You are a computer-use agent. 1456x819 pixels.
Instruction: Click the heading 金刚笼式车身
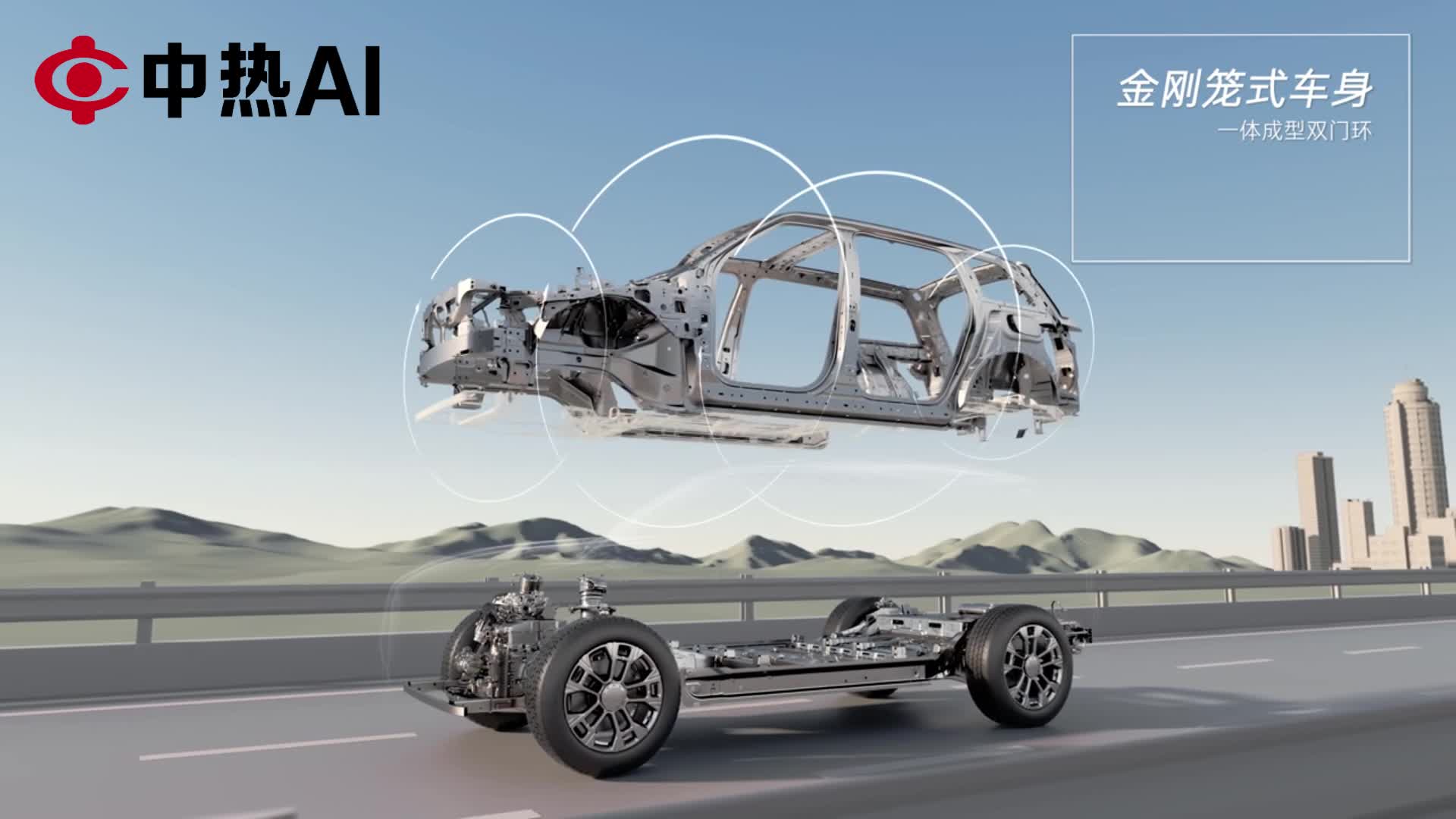(x=1244, y=90)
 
